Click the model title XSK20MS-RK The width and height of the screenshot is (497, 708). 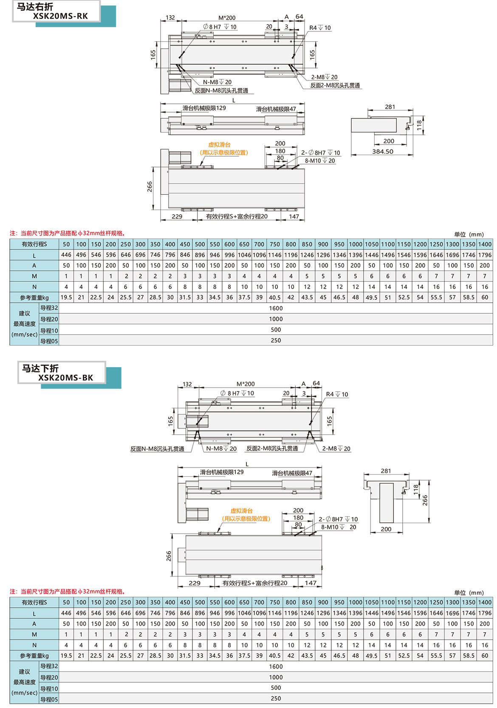(60, 17)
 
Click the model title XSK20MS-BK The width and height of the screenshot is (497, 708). (65, 378)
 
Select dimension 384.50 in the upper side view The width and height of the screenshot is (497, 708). (383, 152)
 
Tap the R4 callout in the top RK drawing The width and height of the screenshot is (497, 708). (319, 28)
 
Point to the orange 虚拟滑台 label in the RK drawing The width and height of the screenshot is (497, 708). (219, 145)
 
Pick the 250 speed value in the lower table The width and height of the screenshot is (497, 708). (276, 699)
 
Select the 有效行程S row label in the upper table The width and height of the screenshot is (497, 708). (34, 244)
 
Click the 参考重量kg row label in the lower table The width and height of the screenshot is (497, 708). (34, 656)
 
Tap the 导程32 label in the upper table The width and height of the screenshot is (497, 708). (49, 308)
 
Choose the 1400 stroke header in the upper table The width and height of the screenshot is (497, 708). (485, 244)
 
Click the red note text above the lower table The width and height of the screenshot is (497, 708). (68, 592)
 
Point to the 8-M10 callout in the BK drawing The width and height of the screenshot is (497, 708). (338, 527)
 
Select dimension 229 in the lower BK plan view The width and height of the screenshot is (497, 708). (195, 583)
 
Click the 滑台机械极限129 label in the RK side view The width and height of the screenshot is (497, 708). (204, 108)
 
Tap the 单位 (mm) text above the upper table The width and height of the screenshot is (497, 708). (469, 235)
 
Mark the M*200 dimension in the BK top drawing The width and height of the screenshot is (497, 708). (246, 384)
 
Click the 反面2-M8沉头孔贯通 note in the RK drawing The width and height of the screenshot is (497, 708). (335, 85)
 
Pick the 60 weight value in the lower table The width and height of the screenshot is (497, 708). (485, 656)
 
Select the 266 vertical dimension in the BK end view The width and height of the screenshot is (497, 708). (425, 500)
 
